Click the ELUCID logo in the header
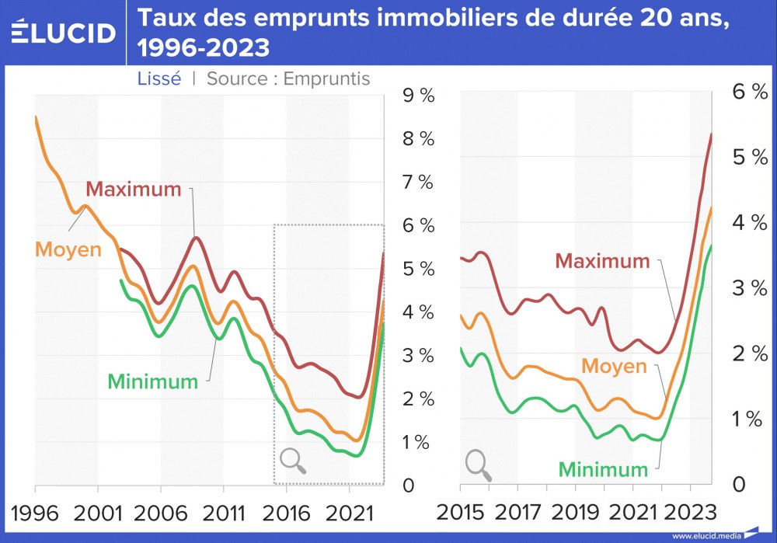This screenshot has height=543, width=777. tap(64, 32)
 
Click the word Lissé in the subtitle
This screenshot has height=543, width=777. tap(159, 78)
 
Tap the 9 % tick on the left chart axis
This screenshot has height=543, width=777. tap(417, 96)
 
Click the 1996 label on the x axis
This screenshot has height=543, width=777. tap(36, 512)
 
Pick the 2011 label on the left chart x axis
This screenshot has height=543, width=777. tap(223, 512)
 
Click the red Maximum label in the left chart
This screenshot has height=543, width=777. tap(133, 189)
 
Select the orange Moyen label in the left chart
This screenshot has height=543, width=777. tap(69, 250)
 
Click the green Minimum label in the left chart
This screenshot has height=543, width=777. tap(152, 381)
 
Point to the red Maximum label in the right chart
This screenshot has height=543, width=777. tap(602, 261)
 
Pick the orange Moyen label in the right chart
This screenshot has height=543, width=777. tap(614, 366)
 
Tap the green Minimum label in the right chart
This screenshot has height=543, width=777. tap(604, 468)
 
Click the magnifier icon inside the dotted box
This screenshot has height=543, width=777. tap(293, 461)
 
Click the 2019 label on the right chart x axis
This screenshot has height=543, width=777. tap(576, 512)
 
